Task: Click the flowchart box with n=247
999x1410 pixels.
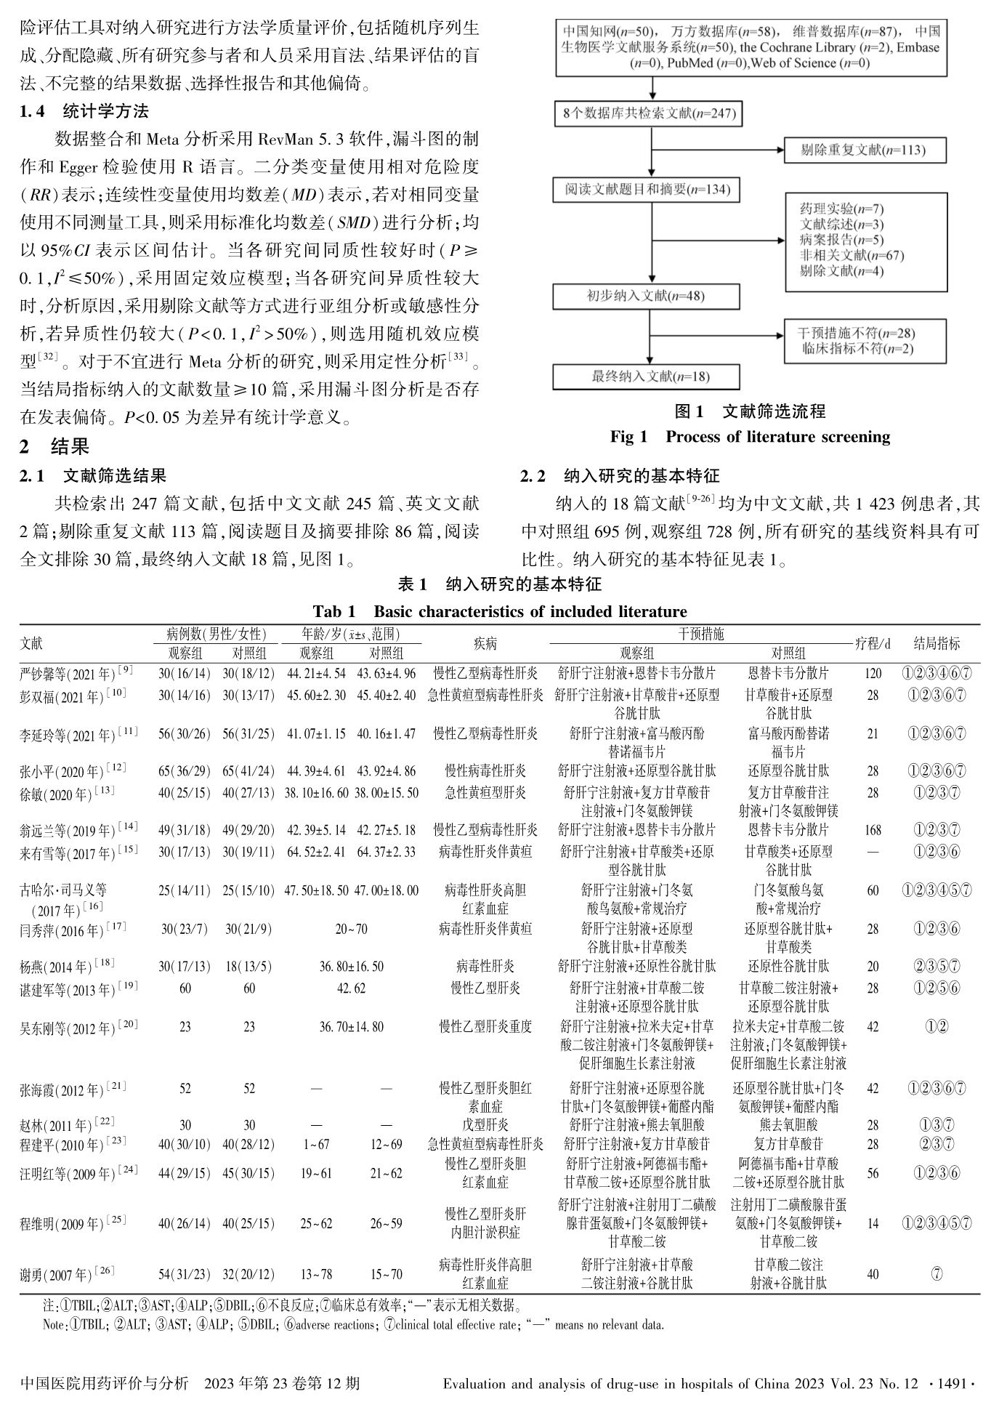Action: (x=647, y=113)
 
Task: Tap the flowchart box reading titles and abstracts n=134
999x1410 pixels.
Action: (x=647, y=190)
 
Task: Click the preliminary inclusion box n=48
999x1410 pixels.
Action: (x=646, y=297)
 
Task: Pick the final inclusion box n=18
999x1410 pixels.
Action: (x=646, y=376)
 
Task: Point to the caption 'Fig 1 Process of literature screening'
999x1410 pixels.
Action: (x=750, y=437)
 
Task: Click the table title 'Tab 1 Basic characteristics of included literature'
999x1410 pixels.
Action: (x=500, y=611)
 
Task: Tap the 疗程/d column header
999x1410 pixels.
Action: (x=873, y=643)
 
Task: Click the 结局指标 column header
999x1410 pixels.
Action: (x=937, y=643)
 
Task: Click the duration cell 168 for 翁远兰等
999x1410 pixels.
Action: (x=873, y=830)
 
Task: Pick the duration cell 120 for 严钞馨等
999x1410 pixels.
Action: (x=873, y=674)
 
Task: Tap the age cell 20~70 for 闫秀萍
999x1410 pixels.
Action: (x=351, y=929)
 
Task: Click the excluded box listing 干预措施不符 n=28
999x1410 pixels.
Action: (x=855, y=341)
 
